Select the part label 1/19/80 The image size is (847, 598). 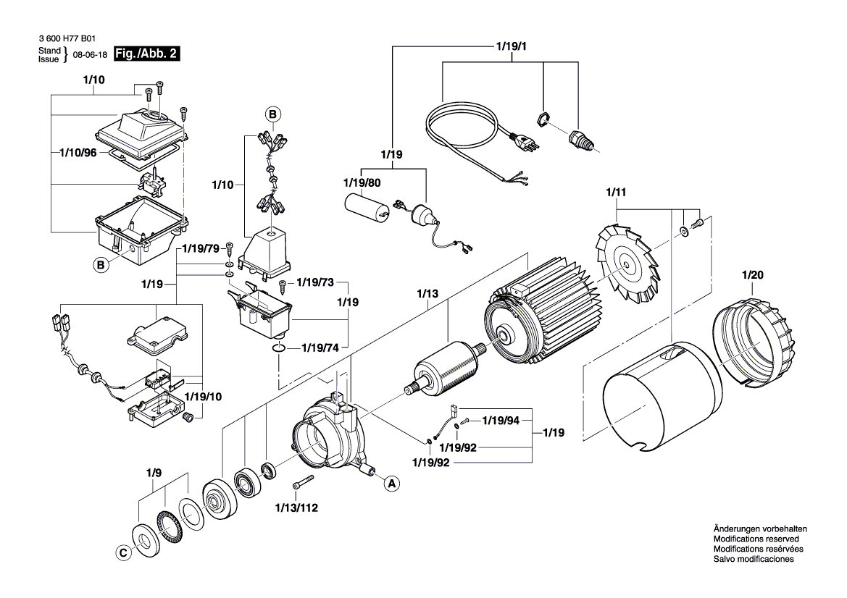tap(361, 183)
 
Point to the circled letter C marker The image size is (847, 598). tap(123, 552)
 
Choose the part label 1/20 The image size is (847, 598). tap(753, 275)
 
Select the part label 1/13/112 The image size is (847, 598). tap(297, 507)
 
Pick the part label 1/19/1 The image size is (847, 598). tap(511, 47)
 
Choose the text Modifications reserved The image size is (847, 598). tap(756, 539)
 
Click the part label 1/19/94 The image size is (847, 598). tap(501, 420)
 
